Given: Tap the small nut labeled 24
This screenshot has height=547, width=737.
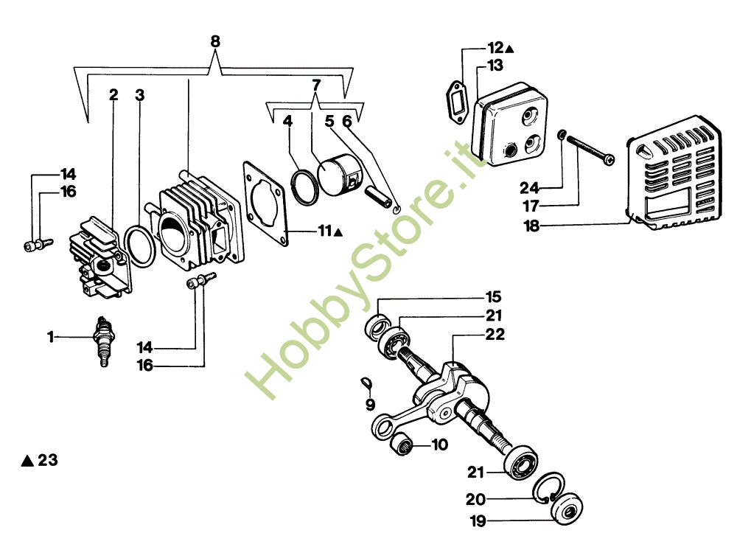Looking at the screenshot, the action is click(x=562, y=135).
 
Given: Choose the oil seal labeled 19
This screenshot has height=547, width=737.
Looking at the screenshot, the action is click(x=567, y=508).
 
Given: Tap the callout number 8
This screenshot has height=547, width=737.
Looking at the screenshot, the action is click(x=214, y=41).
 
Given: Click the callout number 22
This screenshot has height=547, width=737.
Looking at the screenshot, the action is click(x=495, y=334).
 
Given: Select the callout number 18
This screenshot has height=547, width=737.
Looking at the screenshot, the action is click(x=531, y=226).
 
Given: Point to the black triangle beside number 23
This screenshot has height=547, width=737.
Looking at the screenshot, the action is click(x=27, y=461).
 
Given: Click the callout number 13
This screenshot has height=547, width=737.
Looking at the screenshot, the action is click(x=495, y=66).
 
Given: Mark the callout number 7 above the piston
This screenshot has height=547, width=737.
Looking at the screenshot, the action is click(x=316, y=85).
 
